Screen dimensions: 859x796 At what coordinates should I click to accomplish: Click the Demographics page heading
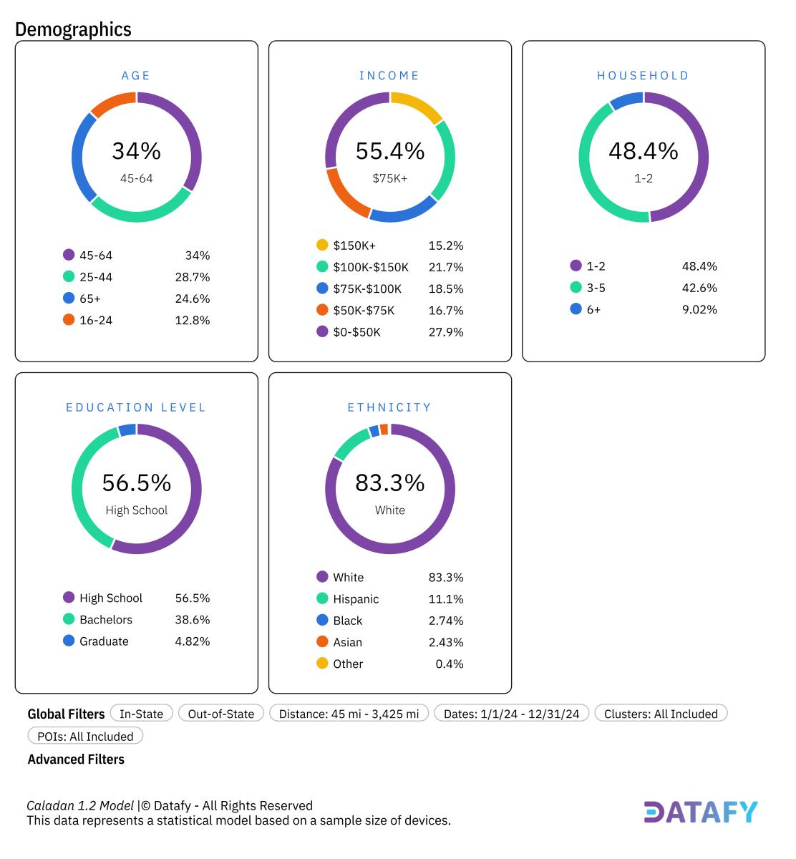[x=73, y=29]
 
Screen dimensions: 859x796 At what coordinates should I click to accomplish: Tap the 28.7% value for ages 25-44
[x=192, y=277]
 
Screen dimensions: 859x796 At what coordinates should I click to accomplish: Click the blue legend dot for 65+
[x=69, y=299]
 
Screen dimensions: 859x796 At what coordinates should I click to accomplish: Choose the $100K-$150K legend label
[x=370, y=267]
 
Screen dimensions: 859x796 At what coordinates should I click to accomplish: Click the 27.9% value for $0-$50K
[x=445, y=332]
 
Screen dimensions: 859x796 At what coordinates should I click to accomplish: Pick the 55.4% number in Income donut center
[x=390, y=151]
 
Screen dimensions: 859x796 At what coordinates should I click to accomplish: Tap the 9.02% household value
[x=699, y=309]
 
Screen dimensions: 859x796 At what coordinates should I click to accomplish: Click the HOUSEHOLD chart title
[x=643, y=75]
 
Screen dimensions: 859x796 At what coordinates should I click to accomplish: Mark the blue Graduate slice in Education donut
[x=127, y=430]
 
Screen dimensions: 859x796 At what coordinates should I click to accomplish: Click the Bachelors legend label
[x=106, y=620]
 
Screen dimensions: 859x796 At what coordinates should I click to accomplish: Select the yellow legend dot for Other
[x=322, y=664]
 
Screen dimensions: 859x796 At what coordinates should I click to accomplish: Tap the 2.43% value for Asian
[x=445, y=642]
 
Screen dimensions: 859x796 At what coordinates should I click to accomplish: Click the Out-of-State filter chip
[x=220, y=714]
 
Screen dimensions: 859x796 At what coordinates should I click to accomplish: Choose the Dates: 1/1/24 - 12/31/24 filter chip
[x=511, y=714]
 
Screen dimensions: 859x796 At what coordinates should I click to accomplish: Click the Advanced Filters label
[x=76, y=759]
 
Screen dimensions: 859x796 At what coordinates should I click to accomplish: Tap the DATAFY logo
[x=700, y=812]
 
